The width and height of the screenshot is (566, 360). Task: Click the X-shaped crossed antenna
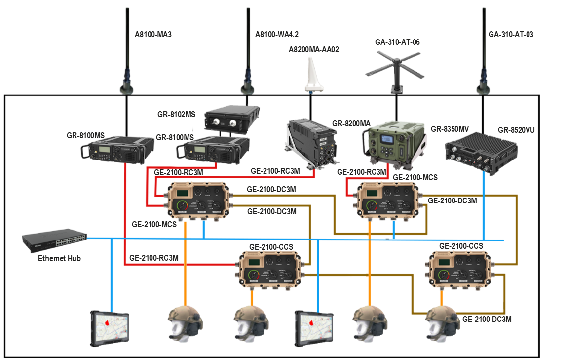coord(395,67)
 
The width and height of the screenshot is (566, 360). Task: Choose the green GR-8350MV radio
coord(393,142)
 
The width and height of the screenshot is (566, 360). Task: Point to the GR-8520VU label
coord(516,130)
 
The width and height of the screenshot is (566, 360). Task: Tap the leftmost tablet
coord(110,328)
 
